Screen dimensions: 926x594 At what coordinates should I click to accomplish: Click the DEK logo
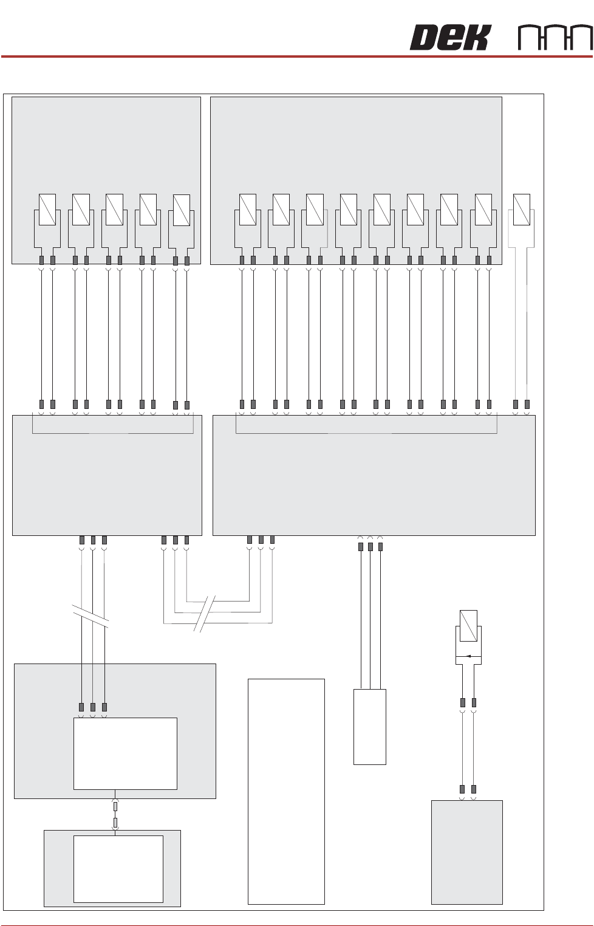(449, 38)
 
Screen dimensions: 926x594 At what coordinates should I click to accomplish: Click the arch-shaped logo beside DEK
(555, 38)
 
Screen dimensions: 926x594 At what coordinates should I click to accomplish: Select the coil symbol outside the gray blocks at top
(521, 209)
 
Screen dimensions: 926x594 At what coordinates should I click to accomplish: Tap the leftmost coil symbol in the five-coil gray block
(47, 209)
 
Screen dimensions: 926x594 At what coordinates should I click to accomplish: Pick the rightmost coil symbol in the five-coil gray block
(181, 210)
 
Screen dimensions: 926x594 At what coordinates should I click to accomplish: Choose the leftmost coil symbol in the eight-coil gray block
(248, 209)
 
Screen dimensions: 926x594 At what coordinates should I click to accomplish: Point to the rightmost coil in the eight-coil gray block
(483, 209)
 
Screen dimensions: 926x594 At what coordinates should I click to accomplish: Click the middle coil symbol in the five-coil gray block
(114, 209)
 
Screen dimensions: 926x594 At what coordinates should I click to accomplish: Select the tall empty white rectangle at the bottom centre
(286, 791)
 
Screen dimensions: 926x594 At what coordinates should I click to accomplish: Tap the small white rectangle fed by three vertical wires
(369, 727)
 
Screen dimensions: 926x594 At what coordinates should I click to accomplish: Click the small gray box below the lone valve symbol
(466, 852)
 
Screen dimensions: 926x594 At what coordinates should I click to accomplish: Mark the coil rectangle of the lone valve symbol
(468, 626)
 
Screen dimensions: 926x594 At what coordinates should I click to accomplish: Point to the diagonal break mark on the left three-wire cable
(90, 616)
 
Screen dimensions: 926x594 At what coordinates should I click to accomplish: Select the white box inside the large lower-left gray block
(125, 753)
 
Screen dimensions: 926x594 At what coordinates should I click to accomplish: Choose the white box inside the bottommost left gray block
(118, 869)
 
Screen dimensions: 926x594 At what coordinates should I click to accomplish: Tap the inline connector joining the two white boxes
(115, 814)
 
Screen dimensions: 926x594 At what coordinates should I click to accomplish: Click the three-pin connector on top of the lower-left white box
(93, 707)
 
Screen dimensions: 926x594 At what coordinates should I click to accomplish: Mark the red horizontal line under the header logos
(296, 57)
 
